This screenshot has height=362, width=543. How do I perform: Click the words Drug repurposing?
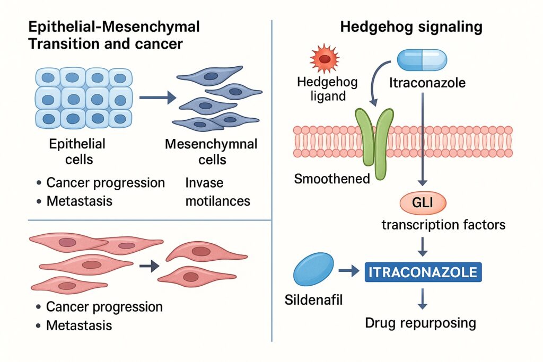coord(421,323)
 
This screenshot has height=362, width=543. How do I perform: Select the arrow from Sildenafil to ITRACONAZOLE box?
coord(348,272)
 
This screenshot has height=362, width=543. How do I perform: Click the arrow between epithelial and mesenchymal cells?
coord(157,98)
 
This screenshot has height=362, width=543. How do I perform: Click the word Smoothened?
coord(332,179)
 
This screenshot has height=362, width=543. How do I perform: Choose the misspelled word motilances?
coord(217,201)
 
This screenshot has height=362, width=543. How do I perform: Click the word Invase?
coord(204,183)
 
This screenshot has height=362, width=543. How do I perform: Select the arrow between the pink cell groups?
coord(151,266)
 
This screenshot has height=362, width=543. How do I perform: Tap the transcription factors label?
coord(443,225)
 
